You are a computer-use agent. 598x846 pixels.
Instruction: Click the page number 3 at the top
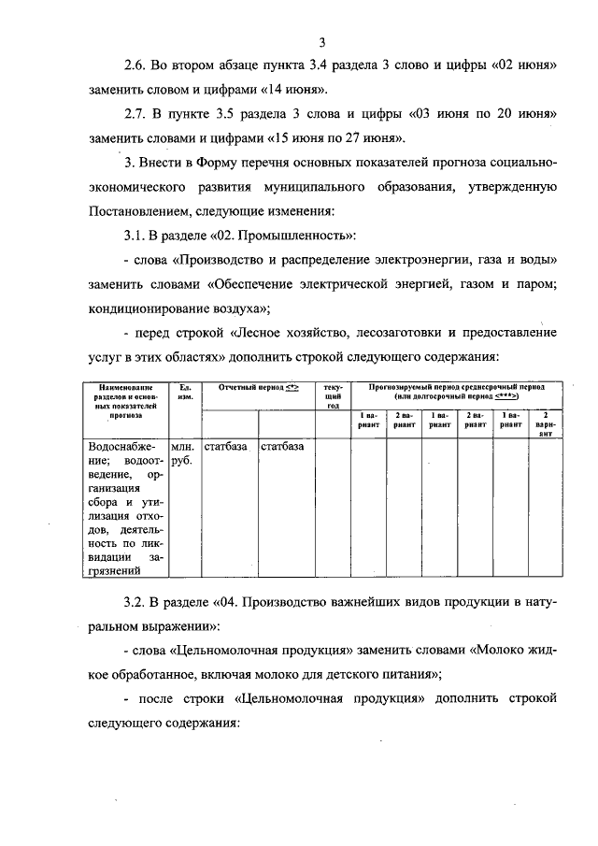320,40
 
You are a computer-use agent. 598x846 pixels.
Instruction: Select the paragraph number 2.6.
136,66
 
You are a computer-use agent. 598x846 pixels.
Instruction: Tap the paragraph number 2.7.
136,114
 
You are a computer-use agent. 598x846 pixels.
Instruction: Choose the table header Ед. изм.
185,392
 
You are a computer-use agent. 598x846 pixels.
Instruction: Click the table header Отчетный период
253,386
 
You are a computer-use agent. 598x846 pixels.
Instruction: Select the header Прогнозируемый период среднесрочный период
457,385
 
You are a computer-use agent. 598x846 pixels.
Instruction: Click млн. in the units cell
184,447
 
